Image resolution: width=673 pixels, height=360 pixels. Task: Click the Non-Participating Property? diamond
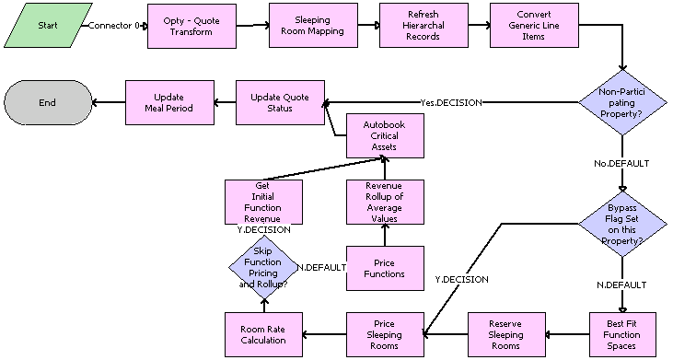point(621,104)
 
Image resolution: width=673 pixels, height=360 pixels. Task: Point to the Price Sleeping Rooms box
point(385,333)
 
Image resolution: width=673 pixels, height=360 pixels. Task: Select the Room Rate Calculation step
point(263,333)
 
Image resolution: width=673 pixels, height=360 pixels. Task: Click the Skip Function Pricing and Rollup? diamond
point(263,268)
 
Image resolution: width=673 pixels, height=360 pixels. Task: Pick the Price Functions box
point(385,268)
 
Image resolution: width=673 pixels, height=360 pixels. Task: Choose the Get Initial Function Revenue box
point(263,202)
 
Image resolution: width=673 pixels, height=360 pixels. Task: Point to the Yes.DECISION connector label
point(450,102)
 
